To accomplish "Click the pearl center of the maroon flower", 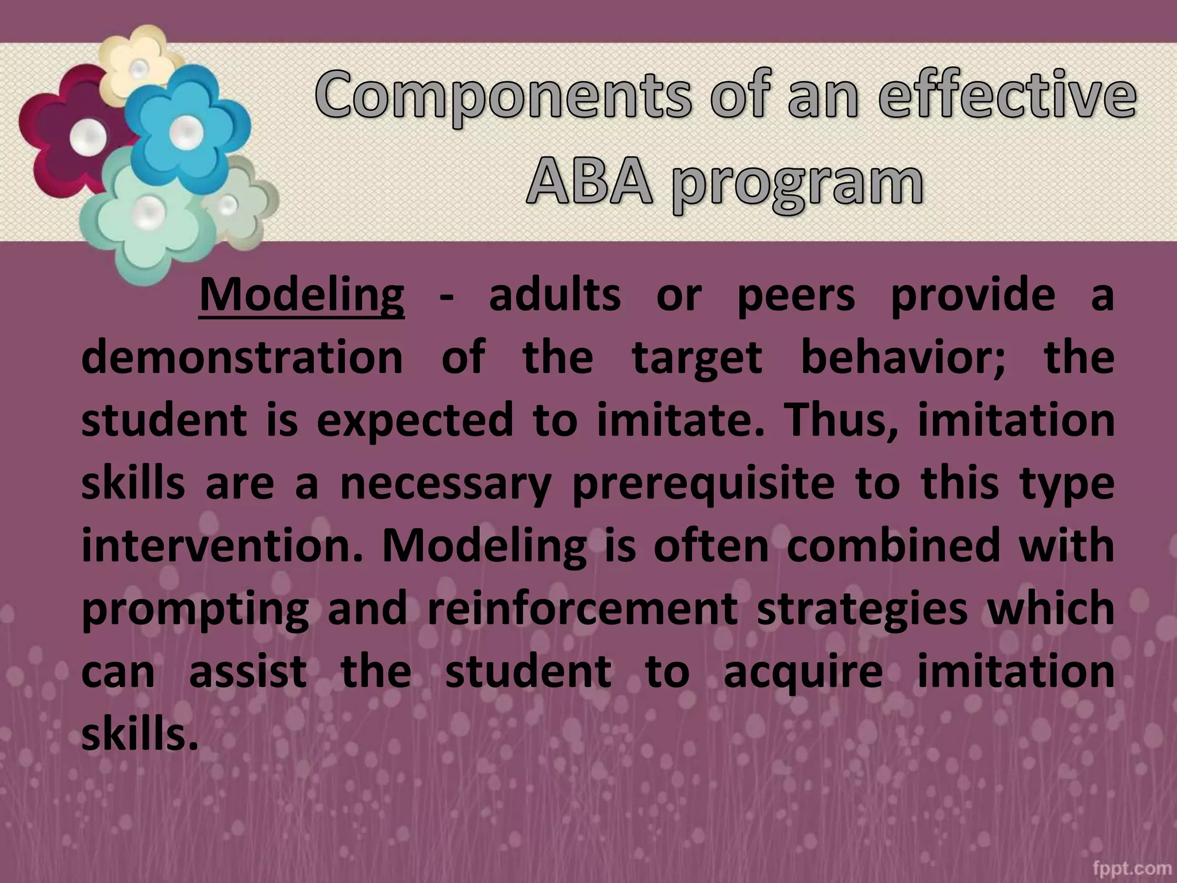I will coord(88,137).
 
